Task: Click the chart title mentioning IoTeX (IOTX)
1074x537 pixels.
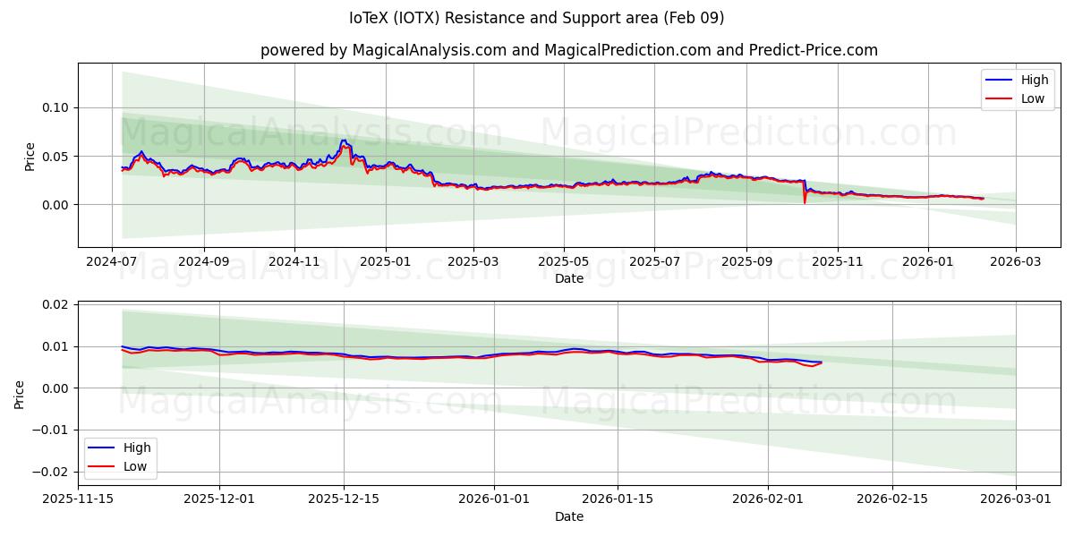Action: point(537,18)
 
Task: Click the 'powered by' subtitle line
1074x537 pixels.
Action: point(569,50)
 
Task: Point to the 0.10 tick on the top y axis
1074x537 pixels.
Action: point(55,107)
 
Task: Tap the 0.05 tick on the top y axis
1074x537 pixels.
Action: point(55,157)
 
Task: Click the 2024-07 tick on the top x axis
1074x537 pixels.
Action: point(113,262)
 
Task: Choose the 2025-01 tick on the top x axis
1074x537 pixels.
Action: point(386,262)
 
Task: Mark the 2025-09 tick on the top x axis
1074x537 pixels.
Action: point(746,262)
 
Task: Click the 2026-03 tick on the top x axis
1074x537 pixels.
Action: point(1015,262)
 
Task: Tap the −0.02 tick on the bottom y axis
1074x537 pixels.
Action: point(52,472)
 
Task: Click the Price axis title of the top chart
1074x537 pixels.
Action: point(30,156)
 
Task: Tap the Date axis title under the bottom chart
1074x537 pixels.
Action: point(569,516)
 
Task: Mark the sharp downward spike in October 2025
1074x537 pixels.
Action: point(805,201)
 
